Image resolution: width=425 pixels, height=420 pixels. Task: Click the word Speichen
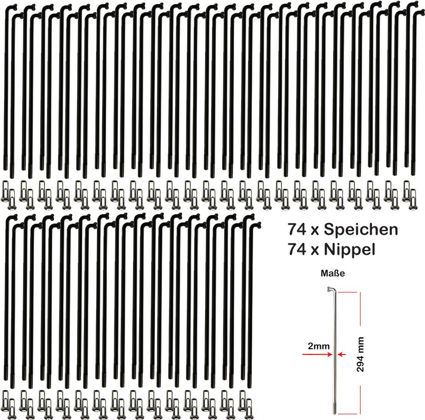(361, 230)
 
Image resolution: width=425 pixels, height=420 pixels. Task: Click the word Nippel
(349, 250)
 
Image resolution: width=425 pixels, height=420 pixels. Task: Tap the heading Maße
(332, 273)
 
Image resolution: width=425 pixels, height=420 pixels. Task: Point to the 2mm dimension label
(319, 346)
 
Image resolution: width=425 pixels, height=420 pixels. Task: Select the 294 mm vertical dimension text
(360, 354)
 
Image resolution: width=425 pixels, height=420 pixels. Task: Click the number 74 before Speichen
(297, 230)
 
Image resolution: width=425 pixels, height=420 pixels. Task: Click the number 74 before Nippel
(297, 250)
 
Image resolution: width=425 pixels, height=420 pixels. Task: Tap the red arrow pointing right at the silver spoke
(318, 354)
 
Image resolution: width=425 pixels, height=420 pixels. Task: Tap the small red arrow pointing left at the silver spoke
(342, 354)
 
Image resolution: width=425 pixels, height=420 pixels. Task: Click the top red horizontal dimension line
(347, 292)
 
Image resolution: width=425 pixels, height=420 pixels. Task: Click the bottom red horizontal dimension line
(348, 414)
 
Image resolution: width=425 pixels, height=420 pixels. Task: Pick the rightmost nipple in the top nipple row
(413, 199)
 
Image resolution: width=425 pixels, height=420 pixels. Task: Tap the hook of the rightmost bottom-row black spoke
(255, 225)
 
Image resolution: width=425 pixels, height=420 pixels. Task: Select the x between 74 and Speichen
(315, 231)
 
